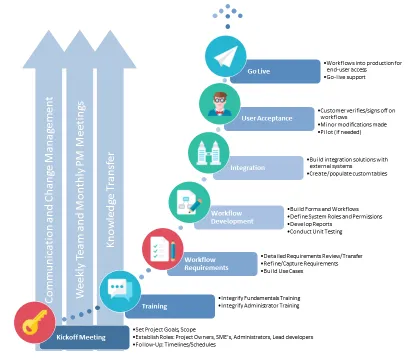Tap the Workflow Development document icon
coord(187,200)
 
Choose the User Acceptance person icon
coord(217,103)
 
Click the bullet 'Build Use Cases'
coord(290,271)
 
